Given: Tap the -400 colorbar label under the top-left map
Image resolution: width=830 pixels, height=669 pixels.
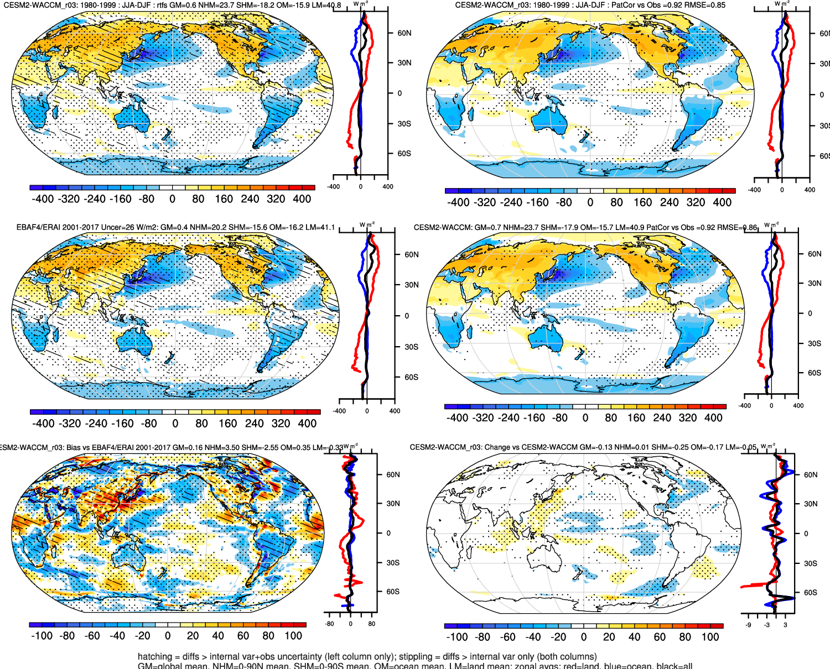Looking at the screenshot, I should point(43,199).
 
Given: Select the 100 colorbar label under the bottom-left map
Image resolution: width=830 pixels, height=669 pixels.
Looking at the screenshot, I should point(293,636).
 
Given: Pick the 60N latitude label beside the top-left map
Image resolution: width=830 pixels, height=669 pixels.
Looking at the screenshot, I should point(404,33).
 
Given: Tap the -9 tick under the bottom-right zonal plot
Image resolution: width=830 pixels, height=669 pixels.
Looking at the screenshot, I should point(749,625).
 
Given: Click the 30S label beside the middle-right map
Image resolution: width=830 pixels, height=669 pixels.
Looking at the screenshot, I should point(814,343).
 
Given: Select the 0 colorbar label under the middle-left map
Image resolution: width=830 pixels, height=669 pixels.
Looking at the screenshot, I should point(175,424).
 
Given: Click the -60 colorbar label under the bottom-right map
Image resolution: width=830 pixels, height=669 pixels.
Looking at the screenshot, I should point(508,637).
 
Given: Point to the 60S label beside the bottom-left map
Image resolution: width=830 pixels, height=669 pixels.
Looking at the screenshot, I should point(393,592).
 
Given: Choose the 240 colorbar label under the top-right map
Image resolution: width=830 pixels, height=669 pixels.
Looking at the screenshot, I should point(669,202).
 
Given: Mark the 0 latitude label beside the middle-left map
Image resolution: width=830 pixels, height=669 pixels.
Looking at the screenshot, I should point(407,316).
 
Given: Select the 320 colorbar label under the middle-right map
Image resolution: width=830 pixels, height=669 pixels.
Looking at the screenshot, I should point(688,418).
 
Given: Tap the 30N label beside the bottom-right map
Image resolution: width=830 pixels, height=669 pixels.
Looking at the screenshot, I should point(811,504).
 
